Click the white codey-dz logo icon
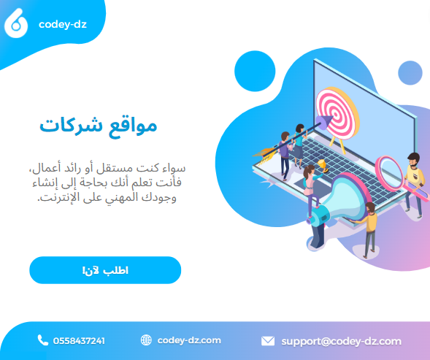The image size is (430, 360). tap(16, 23)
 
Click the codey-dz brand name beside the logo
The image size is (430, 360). tap(63, 24)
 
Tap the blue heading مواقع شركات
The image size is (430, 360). tap(98, 127)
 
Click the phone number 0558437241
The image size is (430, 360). tap(79, 341)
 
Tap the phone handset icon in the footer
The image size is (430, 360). tap(42, 340)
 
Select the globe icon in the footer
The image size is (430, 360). tap(146, 340)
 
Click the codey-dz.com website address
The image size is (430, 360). tap(189, 340)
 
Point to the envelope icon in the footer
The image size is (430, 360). tap(268, 341)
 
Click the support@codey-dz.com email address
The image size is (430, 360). tap(342, 342)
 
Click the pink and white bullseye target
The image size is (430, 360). tap(337, 114)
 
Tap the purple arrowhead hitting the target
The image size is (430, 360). tap(323, 122)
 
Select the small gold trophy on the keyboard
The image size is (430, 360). tap(323, 166)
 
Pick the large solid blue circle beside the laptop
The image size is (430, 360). tap(255, 71)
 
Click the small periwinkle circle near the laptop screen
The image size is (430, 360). tap(410, 73)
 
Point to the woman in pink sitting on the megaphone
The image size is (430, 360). tap(311, 189)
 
